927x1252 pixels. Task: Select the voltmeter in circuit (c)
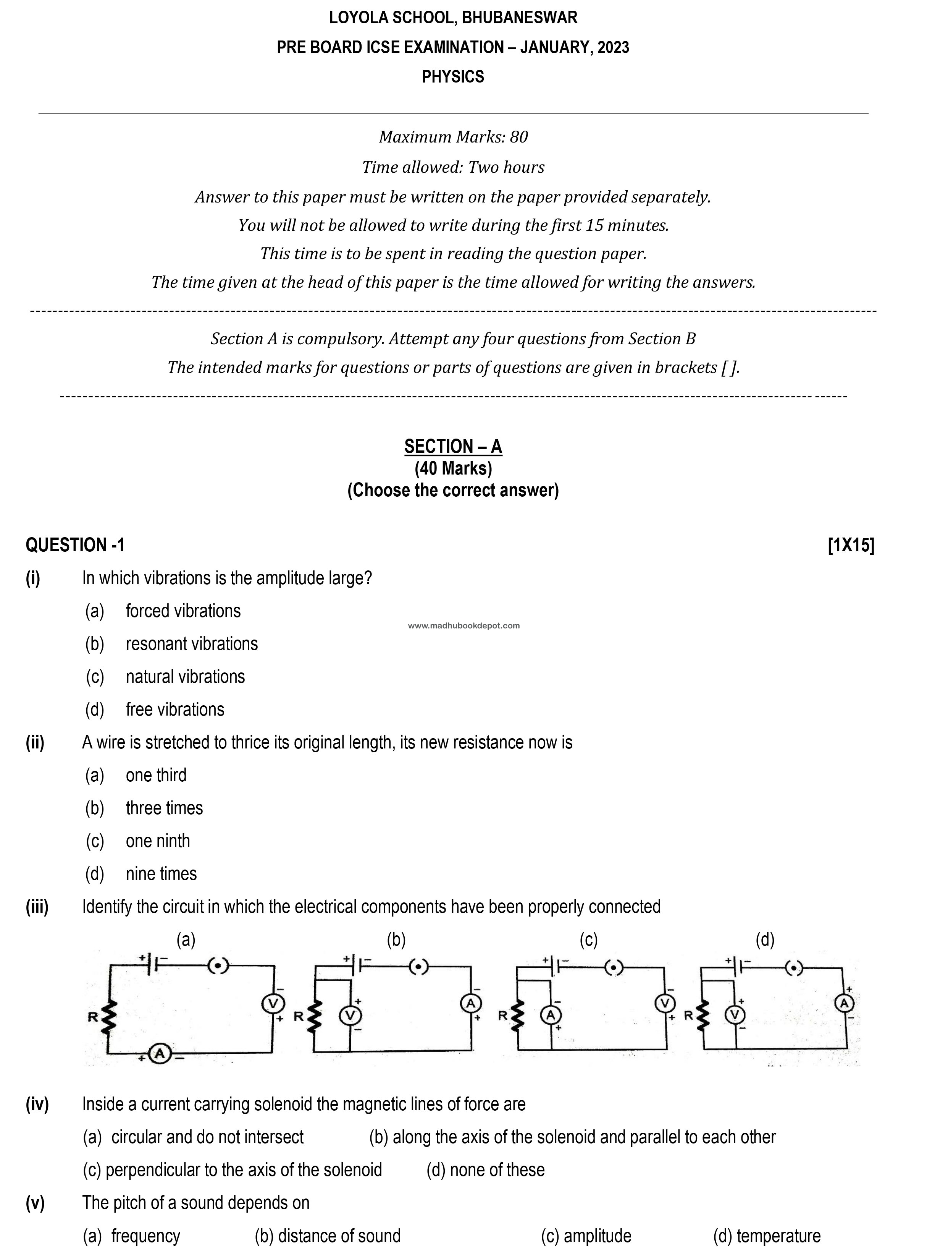[x=665, y=1003]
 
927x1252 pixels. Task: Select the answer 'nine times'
[x=161, y=874]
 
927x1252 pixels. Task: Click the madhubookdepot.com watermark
[x=463, y=625]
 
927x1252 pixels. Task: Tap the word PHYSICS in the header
[x=453, y=76]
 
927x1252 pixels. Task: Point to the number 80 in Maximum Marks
[x=518, y=137]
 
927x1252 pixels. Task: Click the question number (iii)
[x=37, y=907]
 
